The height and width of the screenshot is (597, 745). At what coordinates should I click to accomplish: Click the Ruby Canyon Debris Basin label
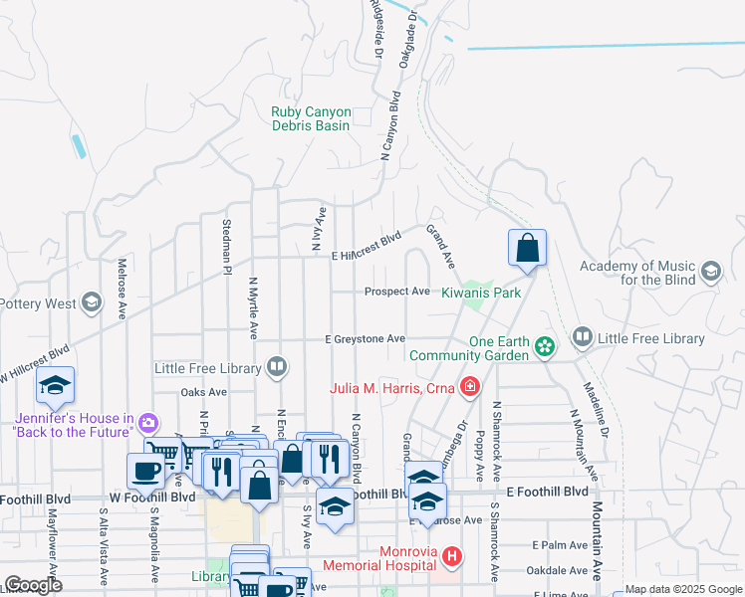[311, 119]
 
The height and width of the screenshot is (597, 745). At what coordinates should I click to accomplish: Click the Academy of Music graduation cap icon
[710, 272]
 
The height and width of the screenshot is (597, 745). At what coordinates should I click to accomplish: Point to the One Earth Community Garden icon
[545, 346]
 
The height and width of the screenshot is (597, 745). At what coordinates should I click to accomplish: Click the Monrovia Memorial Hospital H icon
[452, 555]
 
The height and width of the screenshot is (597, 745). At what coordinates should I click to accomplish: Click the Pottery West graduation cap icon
[92, 302]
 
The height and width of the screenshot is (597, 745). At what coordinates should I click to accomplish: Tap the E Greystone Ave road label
[365, 339]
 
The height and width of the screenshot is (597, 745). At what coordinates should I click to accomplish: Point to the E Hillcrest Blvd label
[366, 247]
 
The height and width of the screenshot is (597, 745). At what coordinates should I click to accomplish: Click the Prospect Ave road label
[396, 293]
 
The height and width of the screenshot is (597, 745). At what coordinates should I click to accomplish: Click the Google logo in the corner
[33, 585]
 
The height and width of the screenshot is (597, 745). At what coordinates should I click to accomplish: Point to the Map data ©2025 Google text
[683, 589]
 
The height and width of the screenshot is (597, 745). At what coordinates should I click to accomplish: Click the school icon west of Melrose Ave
[56, 386]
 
